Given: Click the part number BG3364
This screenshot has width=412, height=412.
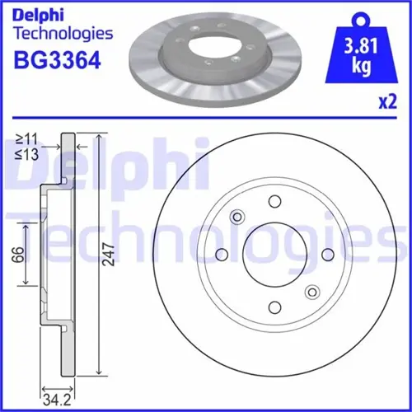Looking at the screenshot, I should [55, 62].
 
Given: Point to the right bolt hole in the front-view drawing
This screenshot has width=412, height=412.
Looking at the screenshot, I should [327, 254].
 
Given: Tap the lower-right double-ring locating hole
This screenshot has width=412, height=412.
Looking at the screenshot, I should [311, 291].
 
